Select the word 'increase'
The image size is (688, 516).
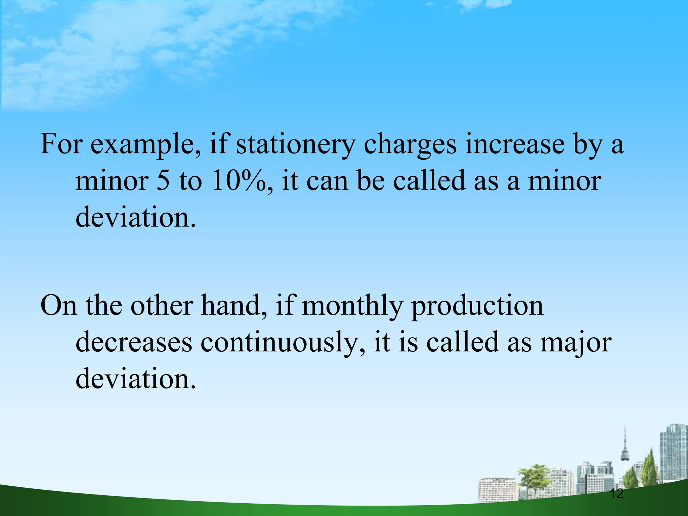click(514, 144)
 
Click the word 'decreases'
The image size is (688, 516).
click(134, 342)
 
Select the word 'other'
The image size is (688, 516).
click(161, 306)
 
